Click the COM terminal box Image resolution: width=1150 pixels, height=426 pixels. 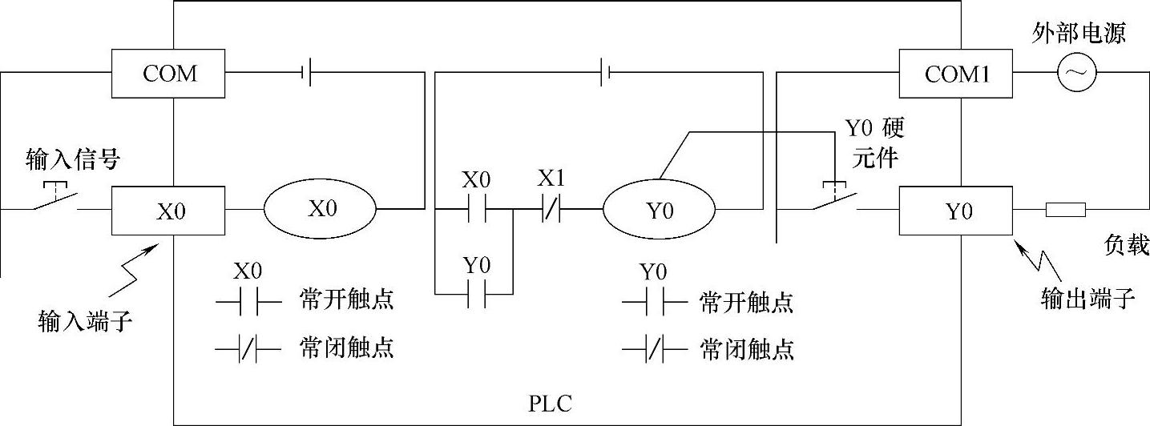(x=169, y=74)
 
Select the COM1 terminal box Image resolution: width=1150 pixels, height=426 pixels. (x=958, y=74)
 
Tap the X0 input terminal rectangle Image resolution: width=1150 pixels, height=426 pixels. (x=169, y=211)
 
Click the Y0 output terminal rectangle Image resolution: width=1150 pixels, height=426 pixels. (x=958, y=211)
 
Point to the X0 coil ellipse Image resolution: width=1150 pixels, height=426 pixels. (x=321, y=209)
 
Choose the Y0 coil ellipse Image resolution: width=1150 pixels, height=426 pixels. (x=660, y=211)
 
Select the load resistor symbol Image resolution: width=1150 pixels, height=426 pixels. (x=1065, y=211)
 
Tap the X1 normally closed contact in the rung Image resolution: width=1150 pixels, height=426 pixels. (x=552, y=211)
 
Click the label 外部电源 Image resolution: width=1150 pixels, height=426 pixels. (x=1079, y=33)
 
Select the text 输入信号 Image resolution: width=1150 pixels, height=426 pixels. (x=73, y=159)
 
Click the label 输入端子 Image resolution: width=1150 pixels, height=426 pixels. (x=85, y=324)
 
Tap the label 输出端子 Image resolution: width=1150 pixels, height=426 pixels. (x=1087, y=299)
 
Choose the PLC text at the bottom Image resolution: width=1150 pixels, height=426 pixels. (x=551, y=403)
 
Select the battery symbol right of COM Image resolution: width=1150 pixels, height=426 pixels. (x=306, y=74)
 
